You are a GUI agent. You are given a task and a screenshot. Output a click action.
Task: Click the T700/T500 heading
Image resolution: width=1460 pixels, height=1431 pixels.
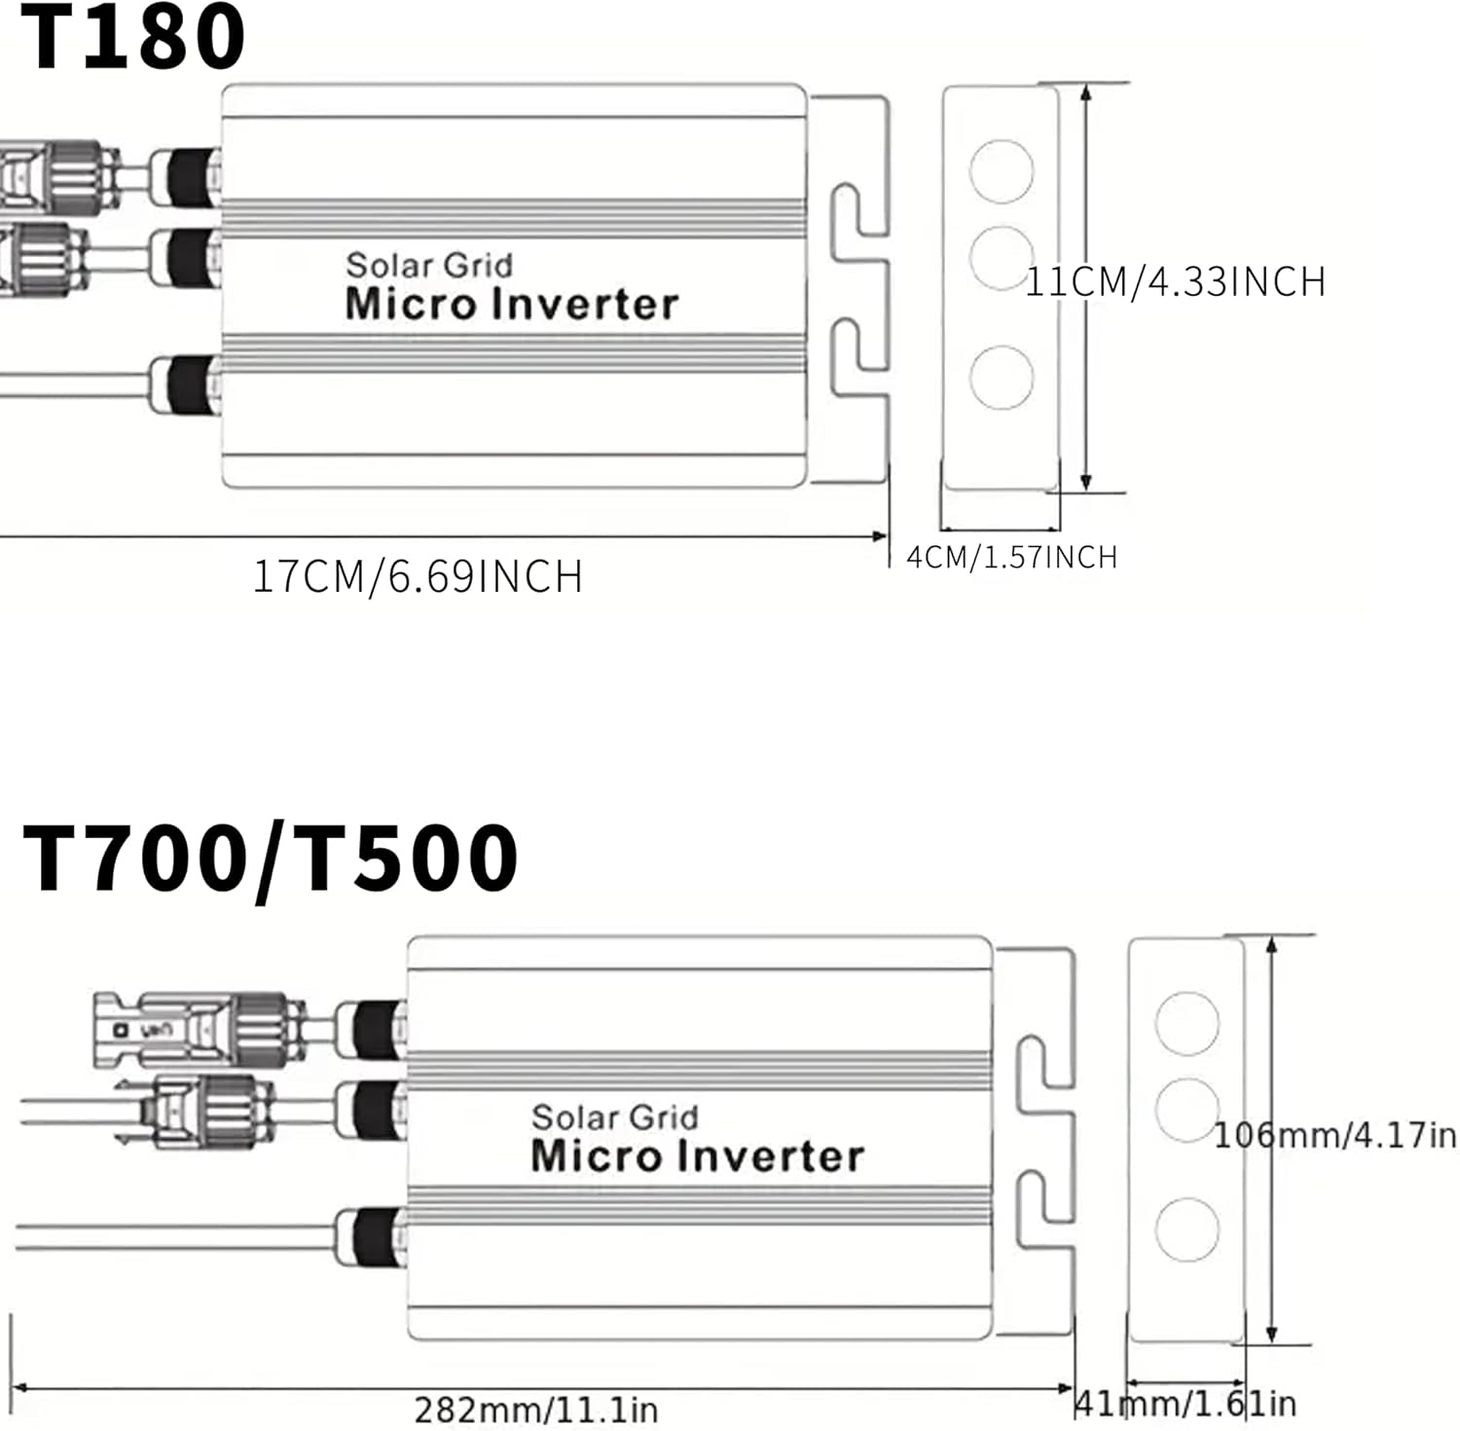[x=270, y=858]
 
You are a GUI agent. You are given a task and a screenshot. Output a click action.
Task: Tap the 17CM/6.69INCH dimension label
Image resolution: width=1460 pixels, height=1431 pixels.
[x=418, y=576]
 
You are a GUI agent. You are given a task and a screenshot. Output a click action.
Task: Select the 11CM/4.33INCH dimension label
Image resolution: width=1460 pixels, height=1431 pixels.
[x=1176, y=281]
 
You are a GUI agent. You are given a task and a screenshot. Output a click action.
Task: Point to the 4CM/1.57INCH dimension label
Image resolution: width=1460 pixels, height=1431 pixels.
[x=1011, y=557]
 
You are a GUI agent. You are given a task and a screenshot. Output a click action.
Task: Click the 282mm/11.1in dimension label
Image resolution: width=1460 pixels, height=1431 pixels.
[x=536, y=1410]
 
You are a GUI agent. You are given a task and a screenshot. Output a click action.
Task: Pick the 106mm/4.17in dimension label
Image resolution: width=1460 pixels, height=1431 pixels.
[x=1334, y=1135]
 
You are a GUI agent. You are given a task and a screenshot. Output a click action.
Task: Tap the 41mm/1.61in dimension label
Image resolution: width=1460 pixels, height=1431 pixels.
[x=1186, y=1404]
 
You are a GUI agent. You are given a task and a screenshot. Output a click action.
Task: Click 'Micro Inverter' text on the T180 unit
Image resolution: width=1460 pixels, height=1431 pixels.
[x=512, y=304]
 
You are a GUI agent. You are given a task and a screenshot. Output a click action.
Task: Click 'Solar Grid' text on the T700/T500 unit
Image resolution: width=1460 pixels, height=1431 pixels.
[x=614, y=1117]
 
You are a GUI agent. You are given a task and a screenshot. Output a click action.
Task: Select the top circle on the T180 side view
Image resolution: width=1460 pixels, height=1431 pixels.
[x=1002, y=170]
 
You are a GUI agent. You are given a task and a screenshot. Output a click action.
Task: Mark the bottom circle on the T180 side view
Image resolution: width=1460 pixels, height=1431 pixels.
[x=1002, y=376]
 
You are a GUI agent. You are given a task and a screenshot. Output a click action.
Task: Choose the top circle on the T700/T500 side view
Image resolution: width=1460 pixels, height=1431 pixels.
[x=1186, y=1023]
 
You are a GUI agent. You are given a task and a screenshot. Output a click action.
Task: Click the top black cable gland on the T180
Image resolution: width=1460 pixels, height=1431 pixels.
[x=191, y=176]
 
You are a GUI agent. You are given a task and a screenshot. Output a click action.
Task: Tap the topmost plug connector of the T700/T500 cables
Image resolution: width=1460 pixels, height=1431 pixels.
[x=195, y=1029]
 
